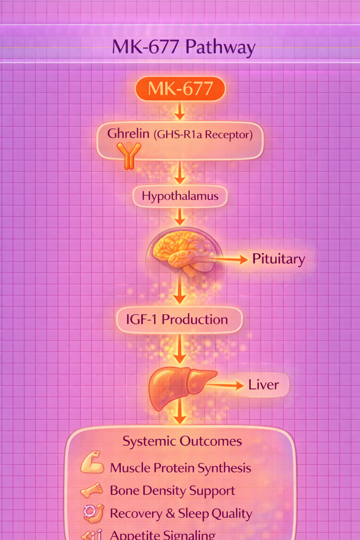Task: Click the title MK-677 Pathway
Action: tap(184, 47)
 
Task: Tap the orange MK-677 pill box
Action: tap(180, 89)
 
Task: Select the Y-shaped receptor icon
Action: tap(129, 155)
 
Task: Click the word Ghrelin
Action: tap(128, 134)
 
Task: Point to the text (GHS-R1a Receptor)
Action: tap(203, 135)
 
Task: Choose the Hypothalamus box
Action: tap(180, 196)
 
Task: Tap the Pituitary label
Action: tap(278, 259)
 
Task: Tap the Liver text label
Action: tap(264, 385)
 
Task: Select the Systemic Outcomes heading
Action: tap(182, 441)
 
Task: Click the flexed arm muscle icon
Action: tap(92, 463)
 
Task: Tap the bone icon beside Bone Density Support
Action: tap(92, 490)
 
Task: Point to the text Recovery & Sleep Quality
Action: tap(181, 514)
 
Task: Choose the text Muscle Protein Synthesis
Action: tap(181, 468)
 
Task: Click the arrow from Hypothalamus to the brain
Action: tap(180, 217)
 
